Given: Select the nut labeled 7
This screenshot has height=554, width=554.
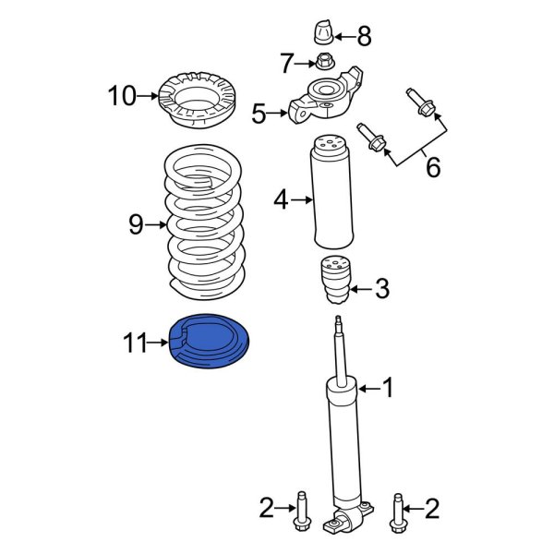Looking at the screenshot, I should click(324, 63).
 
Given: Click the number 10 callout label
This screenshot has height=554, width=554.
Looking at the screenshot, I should click(121, 94).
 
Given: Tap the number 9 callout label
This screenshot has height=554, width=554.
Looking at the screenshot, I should click(136, 223).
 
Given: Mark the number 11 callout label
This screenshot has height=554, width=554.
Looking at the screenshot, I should click(136, 344).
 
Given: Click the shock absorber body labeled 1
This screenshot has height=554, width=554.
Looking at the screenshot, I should click(343, 443).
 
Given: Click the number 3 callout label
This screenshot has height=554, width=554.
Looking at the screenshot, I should click(382, 290).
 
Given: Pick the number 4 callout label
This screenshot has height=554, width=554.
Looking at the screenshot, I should click(281, 199).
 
